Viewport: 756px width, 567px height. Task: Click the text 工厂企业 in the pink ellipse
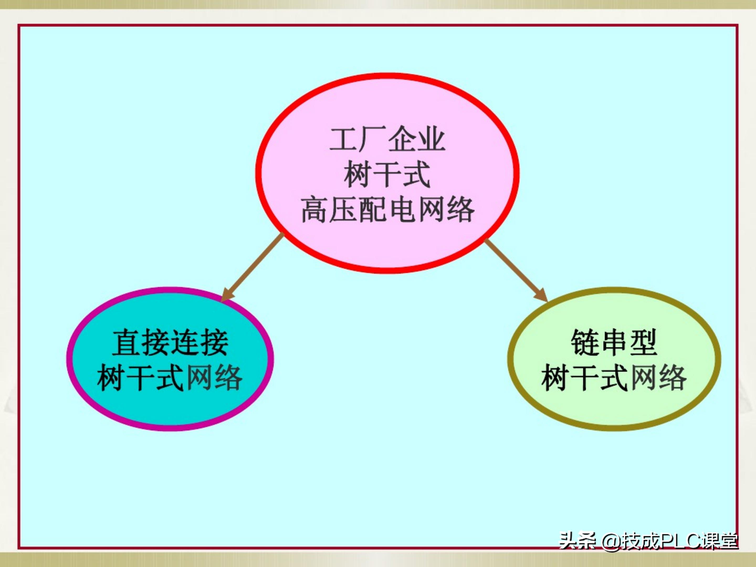387,139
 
